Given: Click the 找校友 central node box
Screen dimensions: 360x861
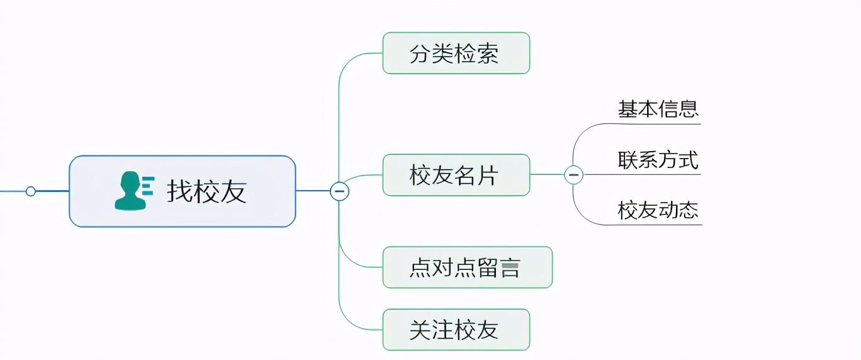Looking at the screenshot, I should [182, 191].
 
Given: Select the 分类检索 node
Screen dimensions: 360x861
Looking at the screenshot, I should [456, 53].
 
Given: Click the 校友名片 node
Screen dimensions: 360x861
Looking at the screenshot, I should [456, 175].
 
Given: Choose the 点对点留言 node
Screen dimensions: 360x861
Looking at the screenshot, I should [466, 267].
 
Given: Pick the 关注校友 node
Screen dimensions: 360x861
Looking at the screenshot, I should [456, 329].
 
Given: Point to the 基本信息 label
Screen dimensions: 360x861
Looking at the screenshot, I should [658, 109].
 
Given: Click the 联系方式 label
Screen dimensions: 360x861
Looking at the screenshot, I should [658, 160].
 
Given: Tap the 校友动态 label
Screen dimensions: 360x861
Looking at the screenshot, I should [658, 210].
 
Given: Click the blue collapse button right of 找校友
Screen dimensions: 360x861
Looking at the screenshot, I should [339, 191].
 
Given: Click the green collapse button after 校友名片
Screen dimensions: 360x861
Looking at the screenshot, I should [573, 174].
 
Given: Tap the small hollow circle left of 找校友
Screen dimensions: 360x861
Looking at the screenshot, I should [30, 191].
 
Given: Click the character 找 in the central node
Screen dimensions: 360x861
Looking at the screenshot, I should [179, 191].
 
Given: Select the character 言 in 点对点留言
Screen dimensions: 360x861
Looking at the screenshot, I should [510, 267].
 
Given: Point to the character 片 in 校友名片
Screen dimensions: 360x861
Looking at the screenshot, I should [488, 175].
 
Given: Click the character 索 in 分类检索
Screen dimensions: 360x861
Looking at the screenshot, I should [488, 53].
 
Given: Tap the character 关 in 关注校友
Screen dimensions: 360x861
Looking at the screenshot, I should [420, 329].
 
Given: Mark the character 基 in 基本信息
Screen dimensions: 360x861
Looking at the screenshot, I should [627, 109].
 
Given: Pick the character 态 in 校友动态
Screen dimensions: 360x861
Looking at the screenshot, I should [689, 210].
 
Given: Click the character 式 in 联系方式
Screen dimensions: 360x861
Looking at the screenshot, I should [689, 160].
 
